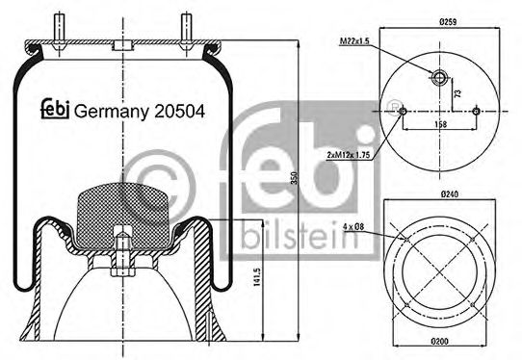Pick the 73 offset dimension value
point(458,93)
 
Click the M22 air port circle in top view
point(438,77)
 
